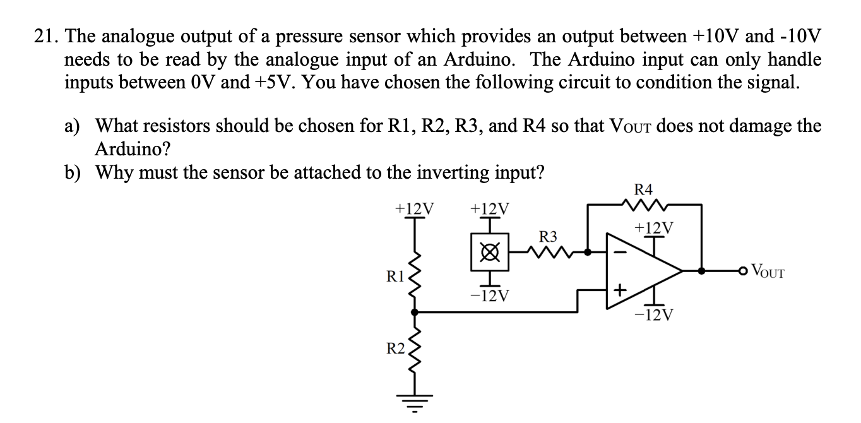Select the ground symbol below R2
click(414, 402)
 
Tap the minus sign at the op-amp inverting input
click(620, 253)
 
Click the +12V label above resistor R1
click(413, 208)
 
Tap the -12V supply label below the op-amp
click(654, 314)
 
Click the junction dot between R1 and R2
click(414, 311)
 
